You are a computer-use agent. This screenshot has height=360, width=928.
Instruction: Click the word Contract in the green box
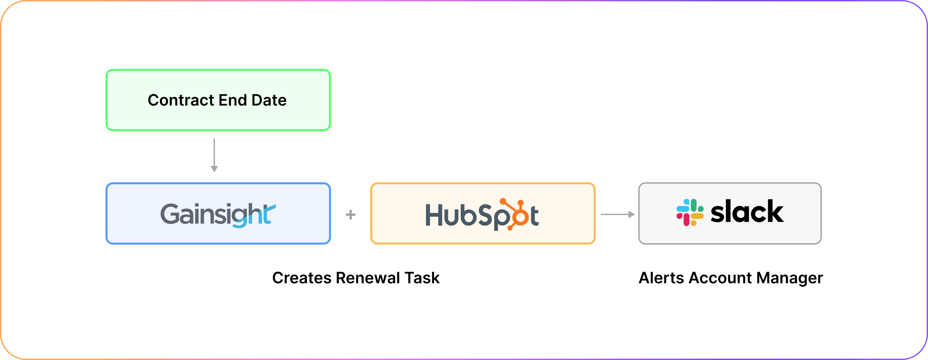click(181, 100)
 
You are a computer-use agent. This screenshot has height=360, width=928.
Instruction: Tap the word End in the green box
click(233, 100)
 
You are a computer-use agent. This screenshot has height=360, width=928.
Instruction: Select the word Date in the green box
click(269, 100)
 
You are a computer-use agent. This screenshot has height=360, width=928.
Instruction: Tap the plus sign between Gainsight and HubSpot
click(351, 215)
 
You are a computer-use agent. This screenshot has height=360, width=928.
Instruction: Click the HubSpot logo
click(482, 215)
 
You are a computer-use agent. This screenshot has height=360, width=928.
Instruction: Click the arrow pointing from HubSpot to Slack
click(617, 214)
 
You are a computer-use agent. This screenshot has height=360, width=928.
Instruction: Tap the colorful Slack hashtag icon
click(689, 212)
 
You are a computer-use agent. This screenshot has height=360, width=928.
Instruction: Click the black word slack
click(747, 212)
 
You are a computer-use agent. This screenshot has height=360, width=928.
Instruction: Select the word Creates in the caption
click(301, 278)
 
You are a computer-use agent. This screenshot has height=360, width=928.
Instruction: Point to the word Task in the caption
click(422, 278)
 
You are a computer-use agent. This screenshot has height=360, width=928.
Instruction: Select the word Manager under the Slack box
click(790, 278)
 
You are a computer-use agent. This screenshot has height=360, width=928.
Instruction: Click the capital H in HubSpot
click(434, 215)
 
